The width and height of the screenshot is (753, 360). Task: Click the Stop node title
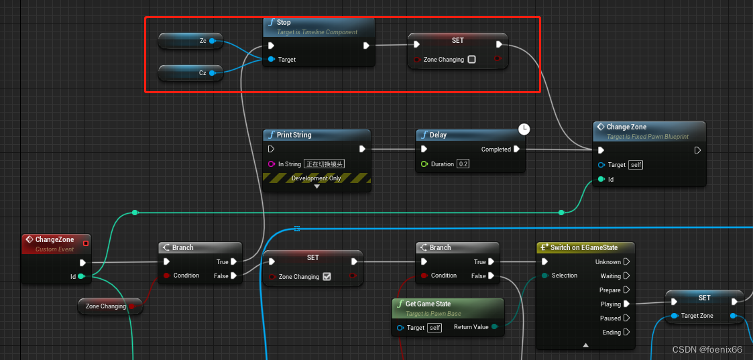tap(284, 22)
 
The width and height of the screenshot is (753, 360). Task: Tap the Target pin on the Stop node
tap(271, 60)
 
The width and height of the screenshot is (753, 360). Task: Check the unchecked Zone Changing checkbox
tap(471, 60)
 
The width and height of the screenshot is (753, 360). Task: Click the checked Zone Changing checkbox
tap(327, 276)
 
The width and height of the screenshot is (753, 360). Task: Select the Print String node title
tap(294, 135)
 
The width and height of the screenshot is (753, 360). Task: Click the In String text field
tap(325, 164)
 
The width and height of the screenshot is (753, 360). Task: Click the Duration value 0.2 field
tap(463, 164)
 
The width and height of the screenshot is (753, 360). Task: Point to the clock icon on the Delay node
tap(524, 129)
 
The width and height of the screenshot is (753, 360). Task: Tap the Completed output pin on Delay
tap(516, 149)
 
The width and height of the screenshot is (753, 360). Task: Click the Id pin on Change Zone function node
tap(601, 179)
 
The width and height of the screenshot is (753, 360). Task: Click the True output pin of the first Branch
tap(234, 262)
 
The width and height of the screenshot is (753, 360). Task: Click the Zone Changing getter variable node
tap(106, 306)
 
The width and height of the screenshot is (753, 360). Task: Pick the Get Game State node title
tap(428, 304)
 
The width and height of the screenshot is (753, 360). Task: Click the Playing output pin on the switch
tap(626, 304)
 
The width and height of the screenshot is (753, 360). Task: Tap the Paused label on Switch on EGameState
tap(610, 318)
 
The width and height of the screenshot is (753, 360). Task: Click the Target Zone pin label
tap(697, 316)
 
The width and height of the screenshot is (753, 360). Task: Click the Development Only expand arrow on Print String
tap(317, 186)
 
